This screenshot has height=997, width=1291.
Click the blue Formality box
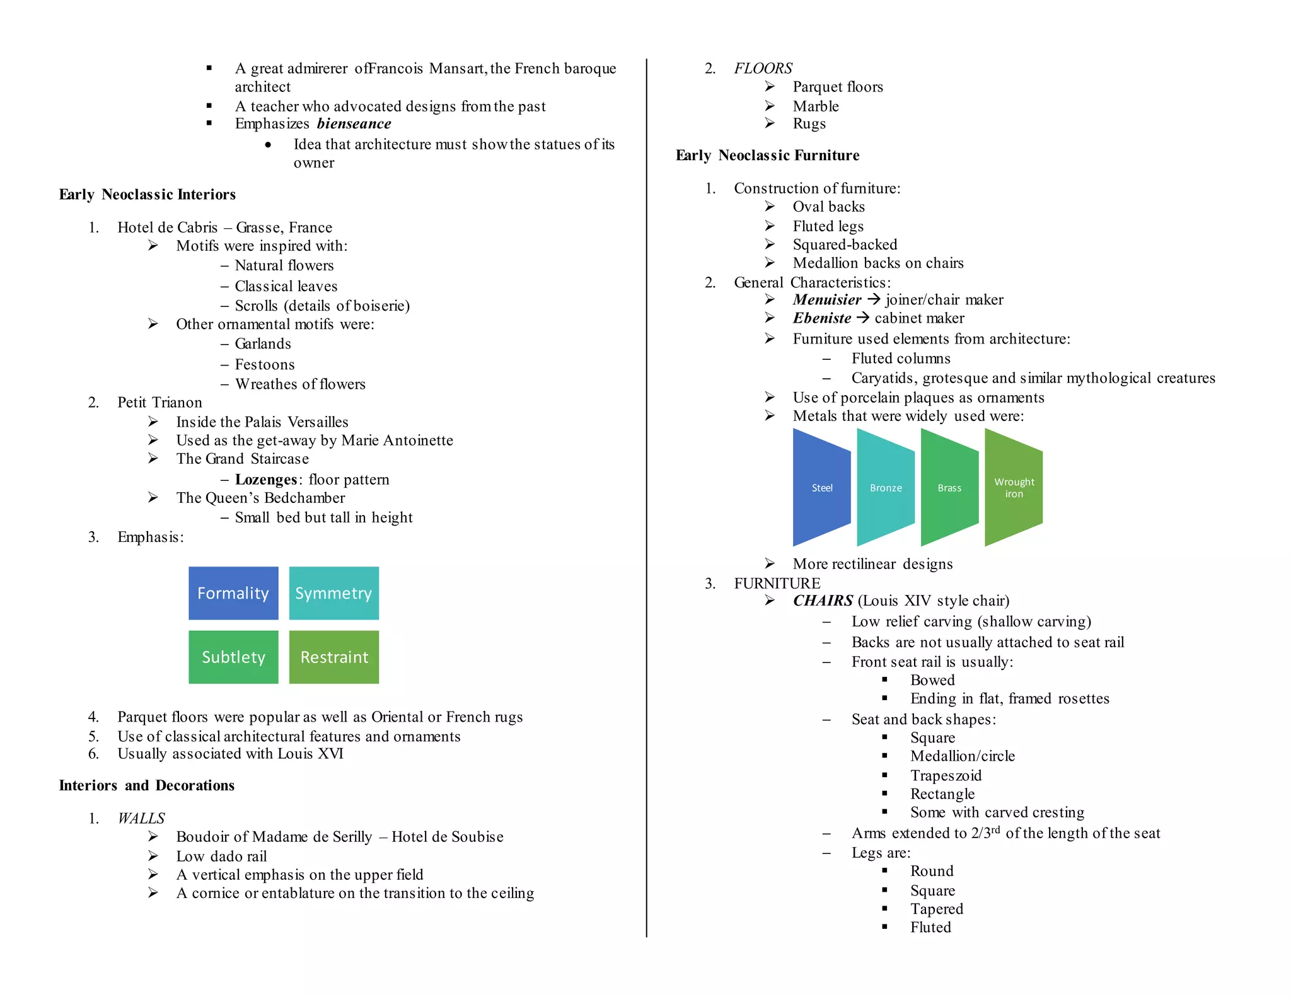[x=233, y=593]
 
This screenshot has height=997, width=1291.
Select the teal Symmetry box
[x=333, y=593]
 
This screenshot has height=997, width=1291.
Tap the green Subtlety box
[x=233, y=657]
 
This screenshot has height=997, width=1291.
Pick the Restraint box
[x=333, y=657]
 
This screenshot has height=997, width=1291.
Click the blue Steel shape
[x=821, y=487]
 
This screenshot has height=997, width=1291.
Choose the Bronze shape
[x=886, y=487]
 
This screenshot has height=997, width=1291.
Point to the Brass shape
[x=949, y=487]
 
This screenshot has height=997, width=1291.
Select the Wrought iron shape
[x=1014, y=487]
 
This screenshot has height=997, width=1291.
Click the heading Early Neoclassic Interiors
[x=148, y=194]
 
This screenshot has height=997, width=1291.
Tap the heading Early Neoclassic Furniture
[x=767, y=155]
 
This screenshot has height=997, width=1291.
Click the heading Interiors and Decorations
[x=147, y=785]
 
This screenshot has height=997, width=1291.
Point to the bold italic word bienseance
[x=354, y=124]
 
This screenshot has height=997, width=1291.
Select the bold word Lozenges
[x=265, y=480]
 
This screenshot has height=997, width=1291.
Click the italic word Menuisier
[x=826, y=300]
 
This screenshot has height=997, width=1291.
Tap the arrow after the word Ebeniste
[x=863, y=318]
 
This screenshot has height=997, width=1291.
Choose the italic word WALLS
[x=141, y=818]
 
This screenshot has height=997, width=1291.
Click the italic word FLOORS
[x=763, y=68]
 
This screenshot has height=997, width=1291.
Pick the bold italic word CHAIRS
[x=823, y=601]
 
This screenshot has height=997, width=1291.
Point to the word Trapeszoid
[x=946, y=775]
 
